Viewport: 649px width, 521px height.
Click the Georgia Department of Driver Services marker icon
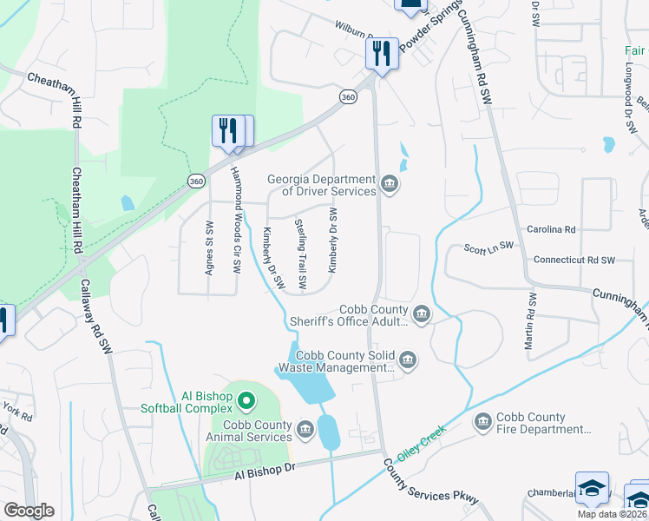(390, 183)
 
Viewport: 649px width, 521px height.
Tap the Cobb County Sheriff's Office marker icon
(422, 313)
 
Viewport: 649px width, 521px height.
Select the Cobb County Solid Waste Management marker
(407, 359)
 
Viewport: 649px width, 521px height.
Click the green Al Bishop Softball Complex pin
(246, 401)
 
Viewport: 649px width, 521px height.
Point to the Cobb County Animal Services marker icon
(305, 429)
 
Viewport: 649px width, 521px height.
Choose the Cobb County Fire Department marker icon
(482, 422)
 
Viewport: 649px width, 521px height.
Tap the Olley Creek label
(421, 442)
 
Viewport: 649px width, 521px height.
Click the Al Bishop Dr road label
(265, 472)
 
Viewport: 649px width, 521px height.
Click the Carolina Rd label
(551, 229)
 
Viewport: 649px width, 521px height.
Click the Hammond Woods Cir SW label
(234, 220)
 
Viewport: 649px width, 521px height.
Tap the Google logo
(29, 511)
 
